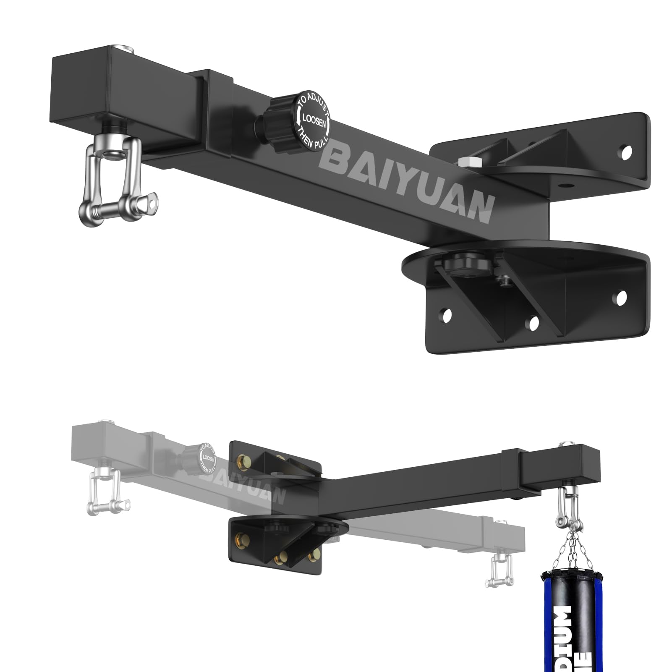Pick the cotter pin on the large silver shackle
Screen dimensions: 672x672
point(149,202)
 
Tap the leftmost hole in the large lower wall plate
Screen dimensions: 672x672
point(446,315)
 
